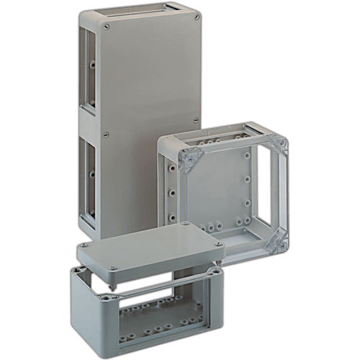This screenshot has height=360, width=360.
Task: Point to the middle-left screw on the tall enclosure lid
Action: [106, 133]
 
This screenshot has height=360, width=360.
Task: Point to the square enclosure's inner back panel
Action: [220, 191]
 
